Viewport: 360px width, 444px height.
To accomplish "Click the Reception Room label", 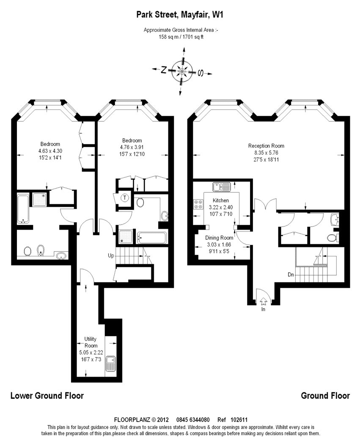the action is tap(266, 146).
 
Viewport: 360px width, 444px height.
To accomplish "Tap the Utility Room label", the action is tap(91, 342).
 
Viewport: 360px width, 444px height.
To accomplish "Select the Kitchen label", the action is tap(221, 200).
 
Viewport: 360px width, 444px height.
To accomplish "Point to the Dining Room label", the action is tap(219, 238).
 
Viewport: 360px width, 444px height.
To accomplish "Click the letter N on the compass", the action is tap(163, 69).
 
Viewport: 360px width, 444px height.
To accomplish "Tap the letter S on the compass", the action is tap(200, 73).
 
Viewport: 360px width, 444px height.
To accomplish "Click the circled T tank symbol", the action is tap(125, 197).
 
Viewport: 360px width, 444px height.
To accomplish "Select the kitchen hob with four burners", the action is tap(198, 204).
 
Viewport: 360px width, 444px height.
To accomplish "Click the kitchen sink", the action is tap(222, 187).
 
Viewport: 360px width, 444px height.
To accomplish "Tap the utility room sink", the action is tap(110, 364).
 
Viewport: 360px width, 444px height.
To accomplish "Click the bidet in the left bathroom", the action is tap(41, 250).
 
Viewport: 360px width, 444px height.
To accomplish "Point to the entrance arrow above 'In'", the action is tap(263, 301).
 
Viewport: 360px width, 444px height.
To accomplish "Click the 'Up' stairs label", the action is tap(111, 256).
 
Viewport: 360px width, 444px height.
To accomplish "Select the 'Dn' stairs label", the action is tap(291, 275).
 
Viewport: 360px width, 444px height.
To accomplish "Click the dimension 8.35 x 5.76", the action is tap(266, 153).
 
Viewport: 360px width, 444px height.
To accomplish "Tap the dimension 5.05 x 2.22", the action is tap(91, 353).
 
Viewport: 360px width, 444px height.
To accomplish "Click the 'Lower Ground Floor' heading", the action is tap(47, 395).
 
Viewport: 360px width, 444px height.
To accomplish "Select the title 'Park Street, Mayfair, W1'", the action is tap(180, 14).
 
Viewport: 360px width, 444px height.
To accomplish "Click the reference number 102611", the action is tap(239, 419).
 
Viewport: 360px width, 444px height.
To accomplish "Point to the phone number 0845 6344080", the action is tap(193, 419).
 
